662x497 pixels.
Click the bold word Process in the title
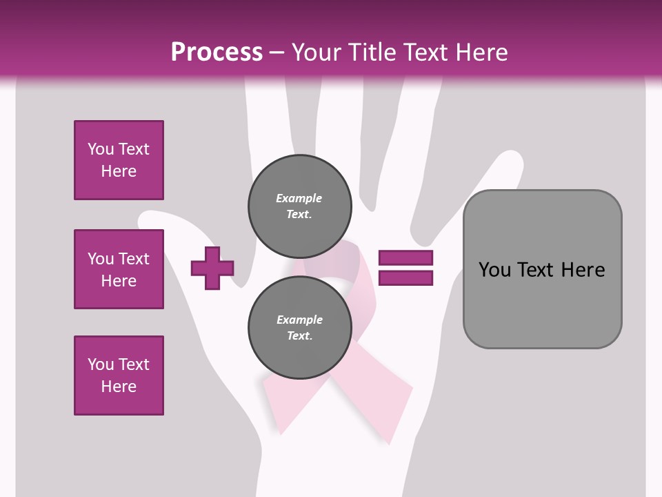tap(217, 52)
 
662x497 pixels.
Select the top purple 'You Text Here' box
tap(119, 160)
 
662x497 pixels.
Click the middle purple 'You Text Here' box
tap(119, 269)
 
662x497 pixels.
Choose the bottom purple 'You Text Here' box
tap(119, 376)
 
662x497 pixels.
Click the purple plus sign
tap(212, 268)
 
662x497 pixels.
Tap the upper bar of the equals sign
tap(405, 258)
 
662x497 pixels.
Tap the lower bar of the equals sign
tap(405, 278)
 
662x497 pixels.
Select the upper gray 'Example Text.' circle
tap(300, 206)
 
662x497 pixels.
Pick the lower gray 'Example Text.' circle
tap(300, 328)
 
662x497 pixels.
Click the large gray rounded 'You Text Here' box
tap(542, 269)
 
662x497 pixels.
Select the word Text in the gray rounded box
tap(542, 270)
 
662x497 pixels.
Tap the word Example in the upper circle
tap(299, 198)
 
